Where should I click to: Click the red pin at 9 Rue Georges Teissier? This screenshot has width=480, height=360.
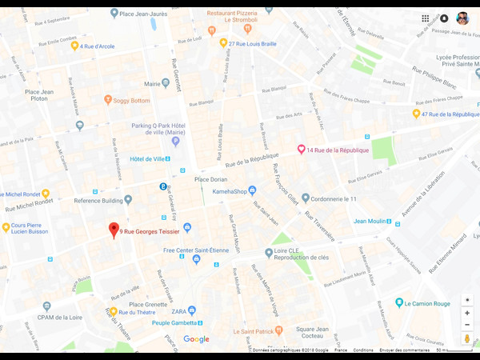pos(114,230)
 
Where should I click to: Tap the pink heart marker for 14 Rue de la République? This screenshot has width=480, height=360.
pos(302,149)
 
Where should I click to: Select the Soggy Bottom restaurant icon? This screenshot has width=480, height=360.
pos(108,100)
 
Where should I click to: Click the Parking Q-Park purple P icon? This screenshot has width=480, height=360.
pos(175,142)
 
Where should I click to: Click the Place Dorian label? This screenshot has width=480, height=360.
pos(210,179)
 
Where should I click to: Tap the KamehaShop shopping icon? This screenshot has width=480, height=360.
pos(252,190)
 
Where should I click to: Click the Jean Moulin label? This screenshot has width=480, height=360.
pos(370,222)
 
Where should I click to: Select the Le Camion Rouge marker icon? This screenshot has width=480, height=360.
pos(399,303)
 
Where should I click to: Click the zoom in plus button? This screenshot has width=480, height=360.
pos(467,313)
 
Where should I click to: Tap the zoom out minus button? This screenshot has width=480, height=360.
pos(467,325)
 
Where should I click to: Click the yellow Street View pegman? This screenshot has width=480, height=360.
pos(467,339)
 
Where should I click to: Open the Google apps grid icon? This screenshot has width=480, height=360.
pos(426,18)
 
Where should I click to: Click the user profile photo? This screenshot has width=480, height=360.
pos(462,18)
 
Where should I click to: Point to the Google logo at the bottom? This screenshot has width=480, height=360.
pos(196,340)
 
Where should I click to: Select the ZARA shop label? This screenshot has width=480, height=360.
pos(178,310)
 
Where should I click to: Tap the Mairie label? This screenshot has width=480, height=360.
pos(151,82)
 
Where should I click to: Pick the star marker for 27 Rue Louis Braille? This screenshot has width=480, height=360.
pos(224,43)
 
